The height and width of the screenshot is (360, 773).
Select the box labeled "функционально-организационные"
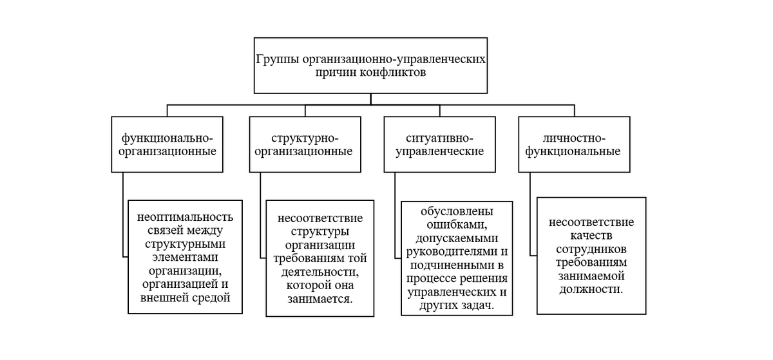[x=167, y=145]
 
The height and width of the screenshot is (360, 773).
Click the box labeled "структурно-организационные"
[x=305, y=145]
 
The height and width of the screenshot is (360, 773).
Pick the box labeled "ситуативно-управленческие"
[x=439, y=145]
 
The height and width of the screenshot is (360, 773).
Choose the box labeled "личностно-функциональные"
[x=573, y=145]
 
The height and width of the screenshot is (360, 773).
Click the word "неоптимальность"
[x=185, y=217]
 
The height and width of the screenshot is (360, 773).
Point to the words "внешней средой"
[x=185, y=298]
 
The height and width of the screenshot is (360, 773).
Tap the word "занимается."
[x=320, y=299]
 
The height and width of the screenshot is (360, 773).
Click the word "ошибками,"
[x=457, y=224]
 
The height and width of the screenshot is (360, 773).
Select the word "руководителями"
[x=451, y=251]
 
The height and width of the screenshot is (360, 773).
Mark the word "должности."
[x=591, y=290]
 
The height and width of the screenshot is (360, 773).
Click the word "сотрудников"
[x=591, y=249]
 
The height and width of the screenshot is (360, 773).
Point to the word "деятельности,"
[x=320, y=272]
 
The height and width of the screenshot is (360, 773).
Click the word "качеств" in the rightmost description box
[x=591, y=236]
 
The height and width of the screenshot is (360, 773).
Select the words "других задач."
[x=457, y=305]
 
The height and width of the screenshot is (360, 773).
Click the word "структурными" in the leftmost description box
[x=185, y=244]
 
